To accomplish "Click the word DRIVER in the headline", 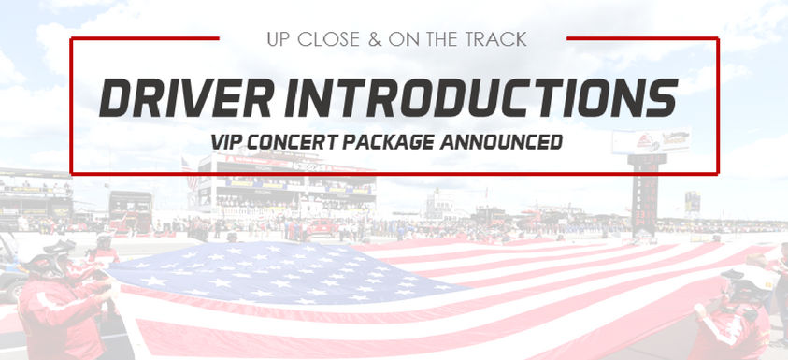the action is (x=187, y=97).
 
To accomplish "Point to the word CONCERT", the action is (x=294, y=142).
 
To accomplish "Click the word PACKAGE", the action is (x=389, y=142).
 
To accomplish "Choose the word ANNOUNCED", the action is (x=501, y=142).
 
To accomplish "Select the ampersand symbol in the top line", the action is (x=375, y=39).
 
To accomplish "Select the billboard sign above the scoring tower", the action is (x=651, y=141).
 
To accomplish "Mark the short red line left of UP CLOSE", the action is (x=145, y=38).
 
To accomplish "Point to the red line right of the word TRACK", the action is (x=643, y=38).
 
